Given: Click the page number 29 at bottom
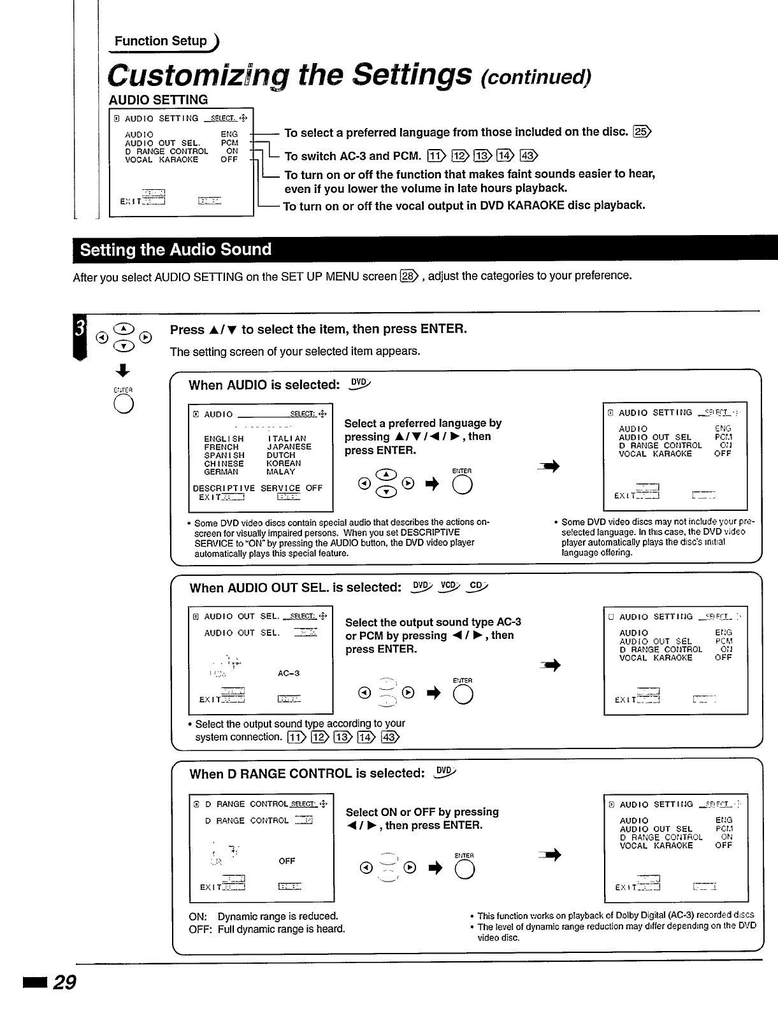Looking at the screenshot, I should [x=64, y=983].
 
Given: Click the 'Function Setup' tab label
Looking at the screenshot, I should [x=161, y=41].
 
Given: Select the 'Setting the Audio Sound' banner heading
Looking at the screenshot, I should [x=176, y=249].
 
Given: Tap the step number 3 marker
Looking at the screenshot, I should [x=80, y=329].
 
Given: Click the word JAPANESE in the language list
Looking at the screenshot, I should [x=289, y=447].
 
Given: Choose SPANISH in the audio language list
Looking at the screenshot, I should [x=224, y=455].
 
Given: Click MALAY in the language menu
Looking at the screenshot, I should [x=281, y=472].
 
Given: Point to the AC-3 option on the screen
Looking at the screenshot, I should [x=289, y=673].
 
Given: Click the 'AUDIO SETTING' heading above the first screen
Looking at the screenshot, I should [x=158, y=100].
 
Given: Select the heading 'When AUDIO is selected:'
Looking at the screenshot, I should [x=264, y=385].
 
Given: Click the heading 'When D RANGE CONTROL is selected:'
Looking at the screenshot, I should [x=307, y=774].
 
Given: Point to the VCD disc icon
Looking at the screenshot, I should [x=449, y=587].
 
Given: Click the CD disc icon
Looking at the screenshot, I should [x=477, y=587].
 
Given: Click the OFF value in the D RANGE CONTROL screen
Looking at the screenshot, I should [x=287, y=861].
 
